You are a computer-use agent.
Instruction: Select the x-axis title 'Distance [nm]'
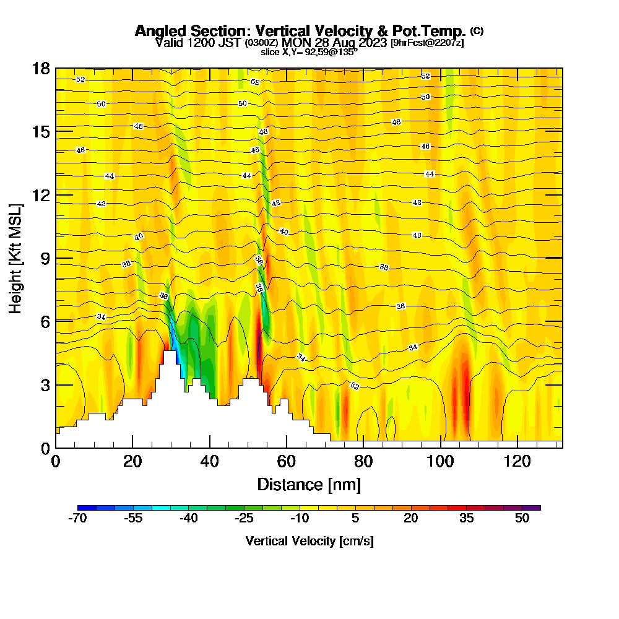309,484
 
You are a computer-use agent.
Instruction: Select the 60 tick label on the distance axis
287,461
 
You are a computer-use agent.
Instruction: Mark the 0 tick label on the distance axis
56,461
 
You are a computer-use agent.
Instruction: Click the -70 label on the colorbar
77,519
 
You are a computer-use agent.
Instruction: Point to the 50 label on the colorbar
522,519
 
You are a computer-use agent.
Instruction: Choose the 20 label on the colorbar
411,519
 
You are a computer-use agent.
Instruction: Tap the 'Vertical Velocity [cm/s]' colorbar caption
309,541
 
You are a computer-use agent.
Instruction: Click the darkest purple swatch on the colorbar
535,508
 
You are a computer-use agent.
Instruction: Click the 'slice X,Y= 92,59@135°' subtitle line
309,53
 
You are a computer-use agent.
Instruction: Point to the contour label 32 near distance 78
355,386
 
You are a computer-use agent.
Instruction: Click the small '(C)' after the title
477,30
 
